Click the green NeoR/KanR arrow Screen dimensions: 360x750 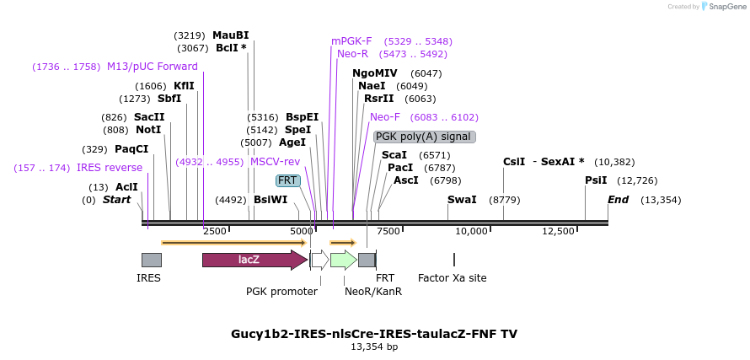pos(343,260)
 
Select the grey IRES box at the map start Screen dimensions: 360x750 pos(151,260)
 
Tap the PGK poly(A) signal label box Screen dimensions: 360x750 pos(425,137)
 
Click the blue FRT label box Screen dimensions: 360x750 pos(288,180)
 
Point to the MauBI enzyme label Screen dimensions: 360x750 pos(230,35)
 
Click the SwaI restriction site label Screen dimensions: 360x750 pos(462,200)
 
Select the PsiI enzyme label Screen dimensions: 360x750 pos(596,180)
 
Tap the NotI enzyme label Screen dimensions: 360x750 pos(148,130)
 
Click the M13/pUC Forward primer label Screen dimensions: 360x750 pos(152,67)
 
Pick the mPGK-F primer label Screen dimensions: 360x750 pos(351,40)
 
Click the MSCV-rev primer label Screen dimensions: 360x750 pos(275,162)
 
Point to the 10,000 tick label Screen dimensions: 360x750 pos(472,231)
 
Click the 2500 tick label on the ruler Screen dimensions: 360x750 pos(215,231)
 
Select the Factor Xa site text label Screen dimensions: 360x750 pos(452,278)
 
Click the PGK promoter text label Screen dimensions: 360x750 pos(281,292)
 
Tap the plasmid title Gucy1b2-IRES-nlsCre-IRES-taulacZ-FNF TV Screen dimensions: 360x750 pos(374,334)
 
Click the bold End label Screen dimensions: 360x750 pos(618,200)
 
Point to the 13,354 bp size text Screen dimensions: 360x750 pos(374,347)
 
